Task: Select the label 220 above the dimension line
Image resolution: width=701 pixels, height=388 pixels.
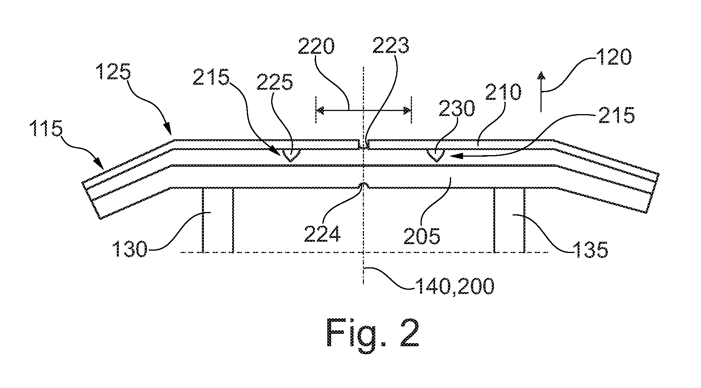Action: coord(316,48)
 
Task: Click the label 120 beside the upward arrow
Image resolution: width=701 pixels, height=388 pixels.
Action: coord(613,58)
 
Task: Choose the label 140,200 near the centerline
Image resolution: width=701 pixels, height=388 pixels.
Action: coord(454,287)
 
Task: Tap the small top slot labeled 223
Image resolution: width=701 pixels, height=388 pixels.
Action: coord(364,144)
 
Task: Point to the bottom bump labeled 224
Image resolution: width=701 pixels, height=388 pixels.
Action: coord(364,186)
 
